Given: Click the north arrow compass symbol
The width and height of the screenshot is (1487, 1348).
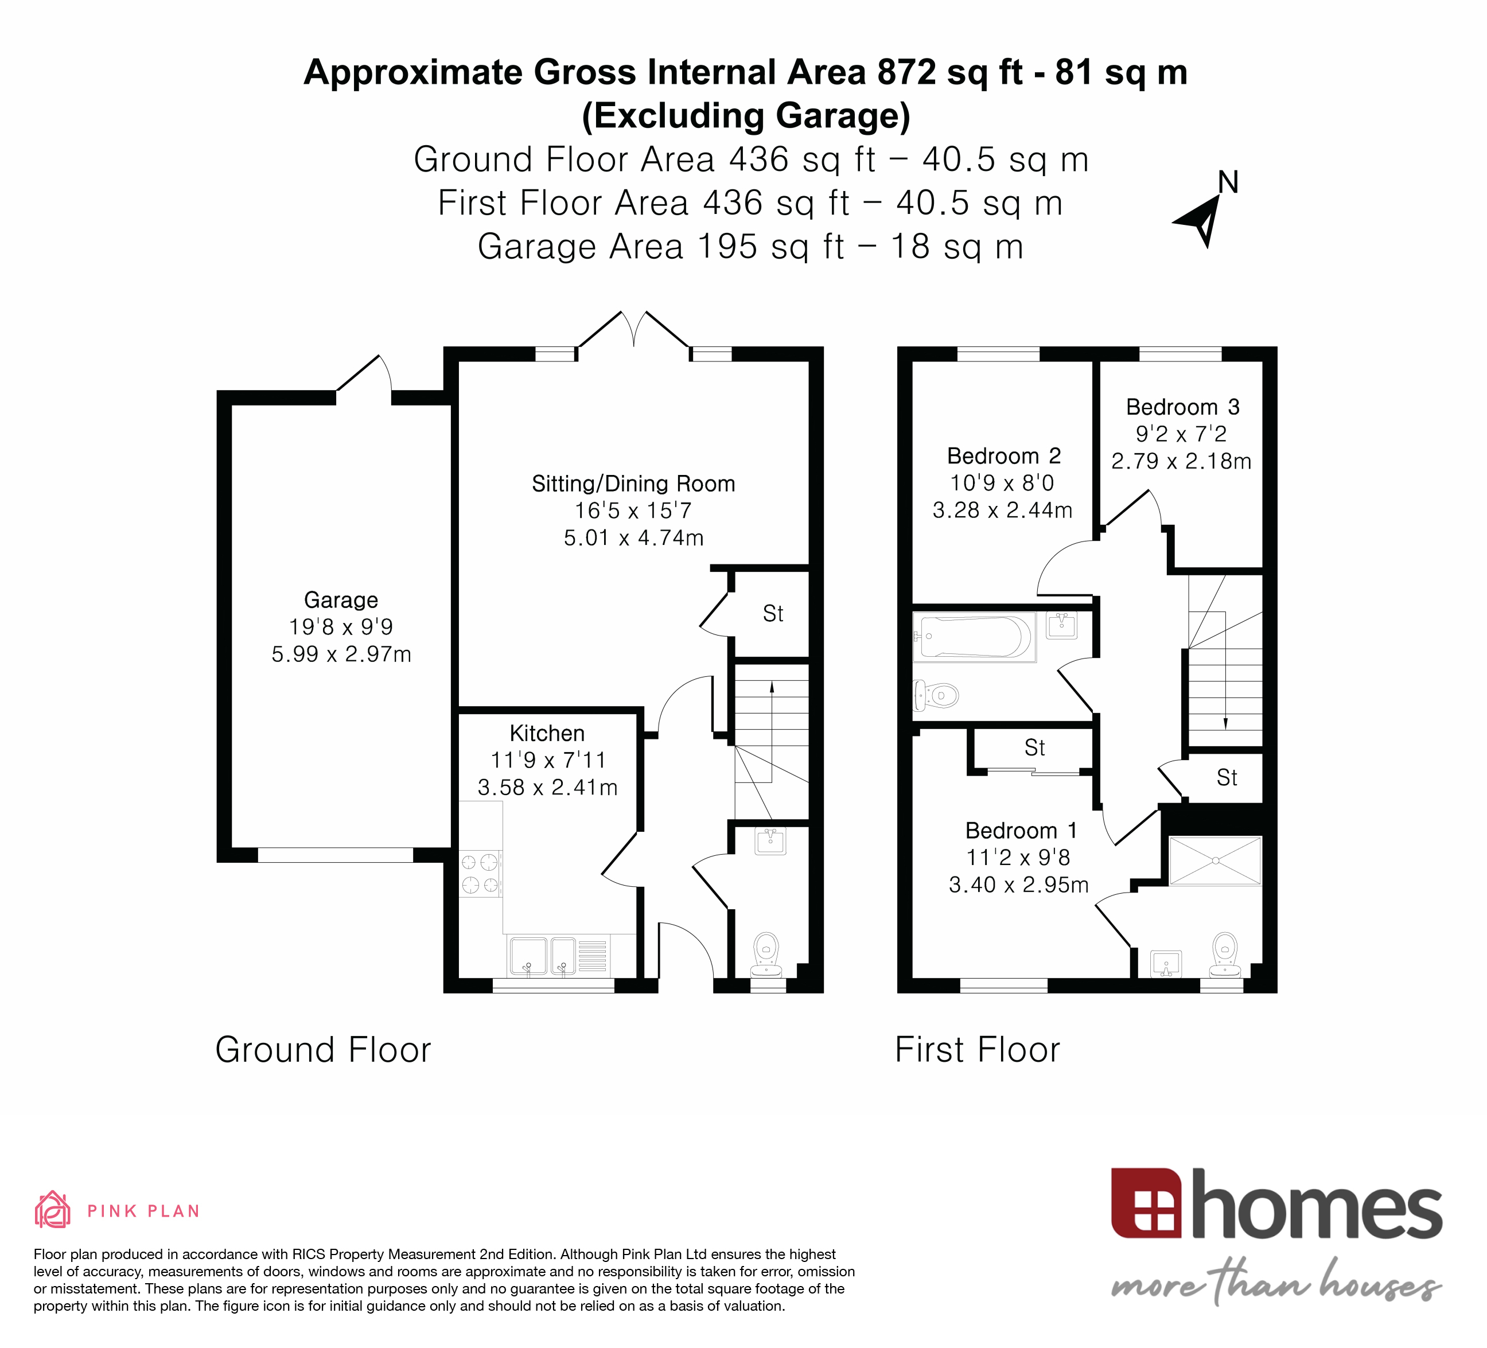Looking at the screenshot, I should coord(1200,219).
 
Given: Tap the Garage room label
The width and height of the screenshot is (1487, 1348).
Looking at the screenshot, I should coord(341,599).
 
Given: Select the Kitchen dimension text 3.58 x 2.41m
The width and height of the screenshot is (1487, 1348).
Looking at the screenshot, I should coord(547,788).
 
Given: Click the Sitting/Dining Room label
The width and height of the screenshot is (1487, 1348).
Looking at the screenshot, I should coord(633,484).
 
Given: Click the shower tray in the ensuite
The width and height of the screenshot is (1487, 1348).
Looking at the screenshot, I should coord(1215,860).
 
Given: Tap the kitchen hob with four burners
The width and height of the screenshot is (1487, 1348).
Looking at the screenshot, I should coord(480,873).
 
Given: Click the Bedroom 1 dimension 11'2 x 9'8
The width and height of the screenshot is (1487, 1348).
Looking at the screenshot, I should coord(1018,857).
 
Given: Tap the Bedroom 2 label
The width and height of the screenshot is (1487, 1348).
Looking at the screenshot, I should coord(1003,455).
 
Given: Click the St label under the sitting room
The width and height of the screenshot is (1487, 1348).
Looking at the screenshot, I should coord(772,614).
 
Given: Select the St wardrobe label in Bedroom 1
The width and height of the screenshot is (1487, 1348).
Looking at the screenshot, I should coord(1034,748).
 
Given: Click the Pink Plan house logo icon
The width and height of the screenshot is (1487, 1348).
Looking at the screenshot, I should coord(52,1209).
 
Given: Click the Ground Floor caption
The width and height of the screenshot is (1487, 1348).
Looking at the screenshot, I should coord(323,1049).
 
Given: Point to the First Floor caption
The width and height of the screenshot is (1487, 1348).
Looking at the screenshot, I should coord(976,1049).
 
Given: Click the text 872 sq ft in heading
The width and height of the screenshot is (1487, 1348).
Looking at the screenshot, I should coord(950,73).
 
